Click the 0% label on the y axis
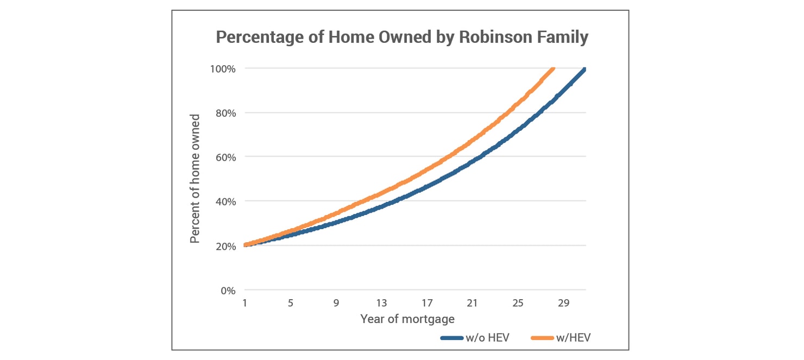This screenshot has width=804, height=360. click(x=228, y=290)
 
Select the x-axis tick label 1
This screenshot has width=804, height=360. click(x=244, y=302)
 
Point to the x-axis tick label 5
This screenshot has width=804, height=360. click(x=290, y=302)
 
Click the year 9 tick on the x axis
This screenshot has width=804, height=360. click(x=336, y=302)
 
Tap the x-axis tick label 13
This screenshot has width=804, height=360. click(x=381, y=302)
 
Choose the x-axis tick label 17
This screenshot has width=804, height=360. click(x=427, y=302)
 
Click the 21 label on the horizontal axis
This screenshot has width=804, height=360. click(x=472, y=302)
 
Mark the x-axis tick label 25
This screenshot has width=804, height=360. click(x=518, y=302)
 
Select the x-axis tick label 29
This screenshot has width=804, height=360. click(x=563, y=302)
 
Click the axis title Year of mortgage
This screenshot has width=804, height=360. click(x=407, y=319)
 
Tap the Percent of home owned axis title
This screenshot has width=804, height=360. click(x=195, y=179)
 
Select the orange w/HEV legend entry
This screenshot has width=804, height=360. click(x=560, y=337)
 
